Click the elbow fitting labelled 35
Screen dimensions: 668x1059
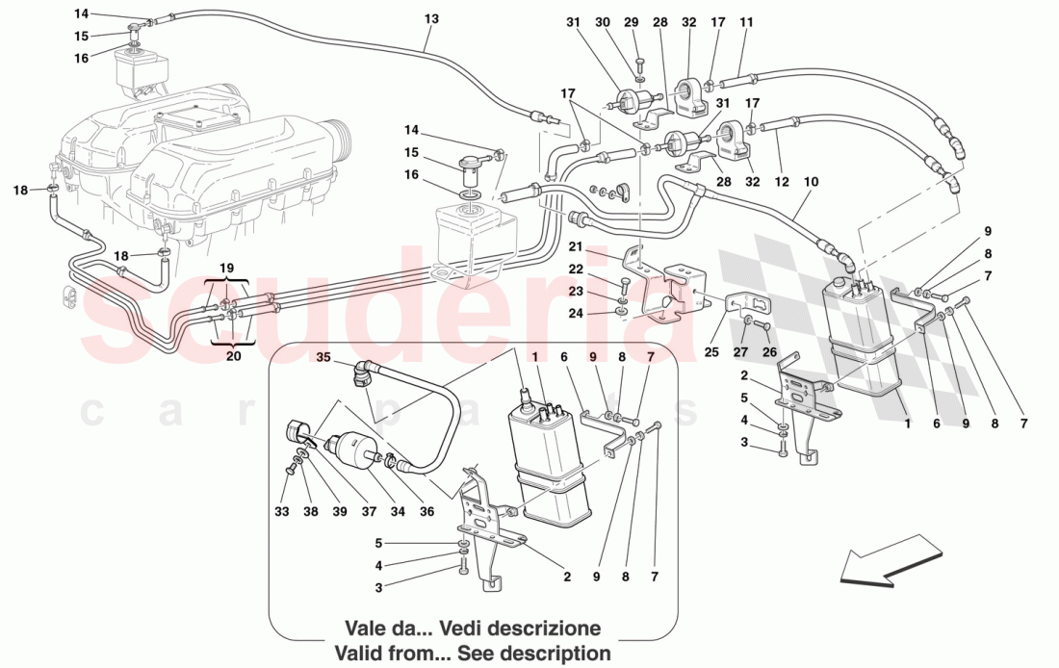pyautogui.click(x=364, y=373)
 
